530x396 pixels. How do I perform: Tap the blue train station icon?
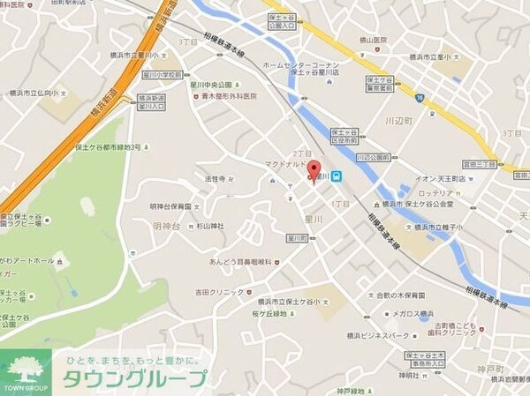(337, 176)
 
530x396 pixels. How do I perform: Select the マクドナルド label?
(285, 164)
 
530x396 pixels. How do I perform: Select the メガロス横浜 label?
(413, 313)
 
